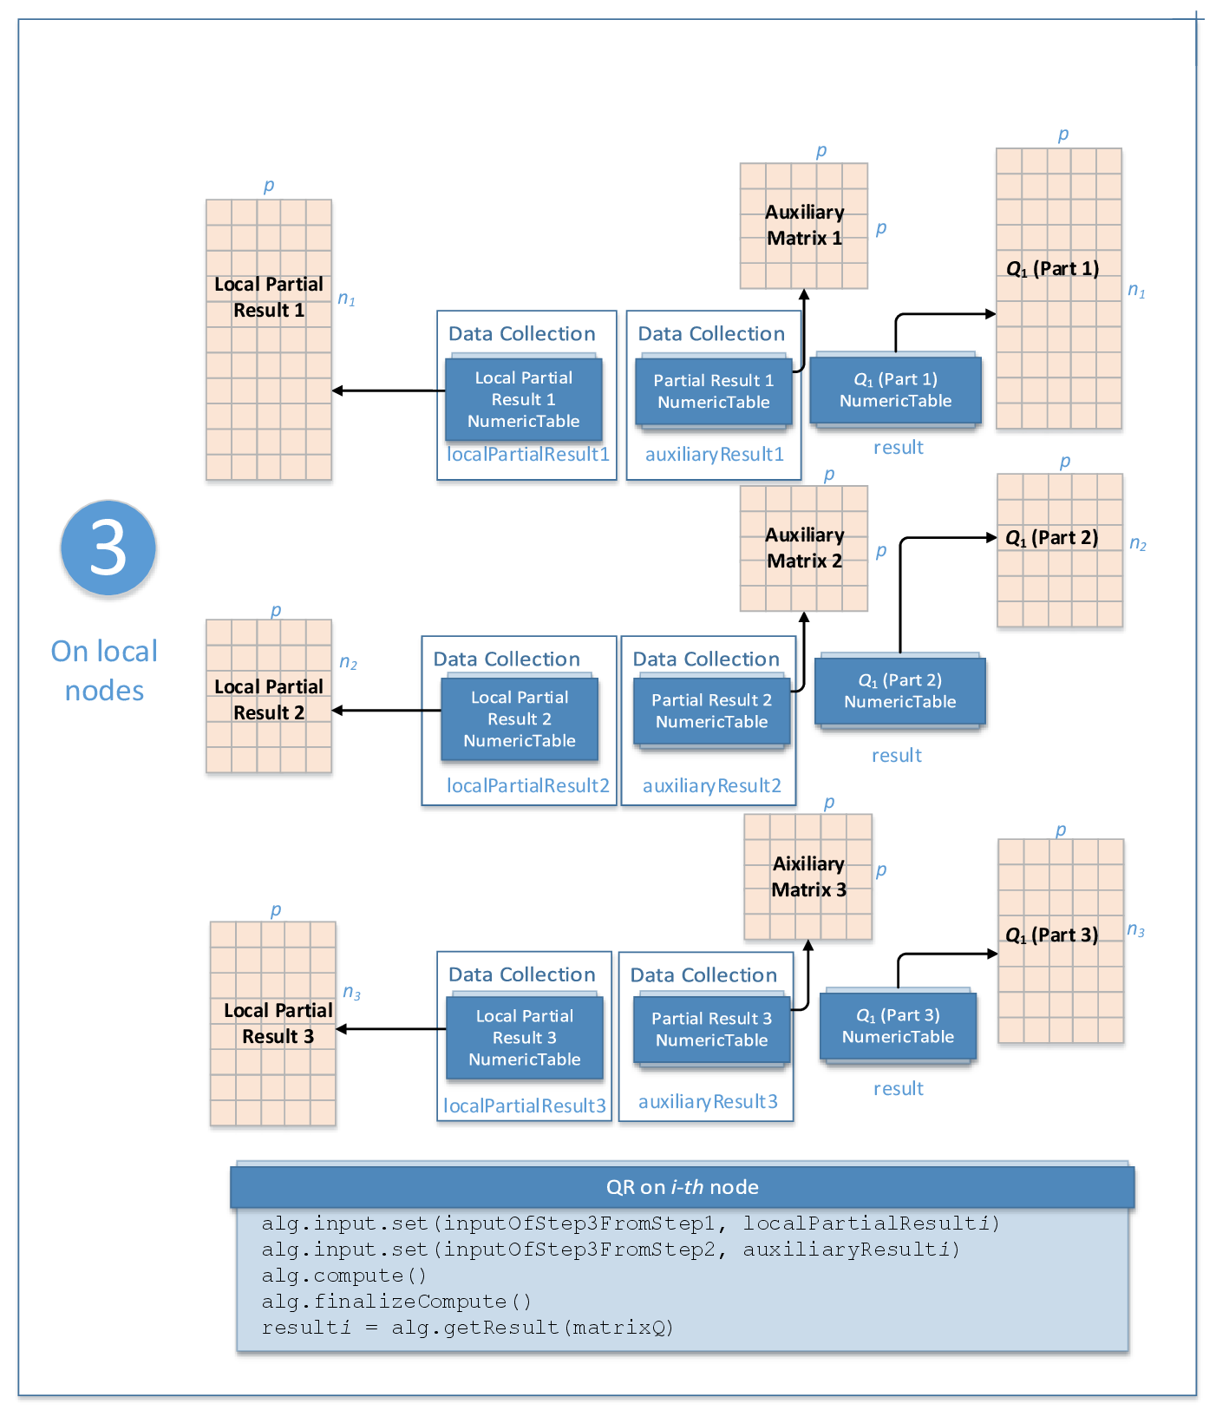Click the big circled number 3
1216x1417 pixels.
point(108,548)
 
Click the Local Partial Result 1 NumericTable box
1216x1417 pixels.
point(523,399)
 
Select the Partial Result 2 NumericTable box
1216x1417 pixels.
point(711,711)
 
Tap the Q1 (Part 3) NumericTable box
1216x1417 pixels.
point(898,1026)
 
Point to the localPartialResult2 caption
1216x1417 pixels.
point(527,785)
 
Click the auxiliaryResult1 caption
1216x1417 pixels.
point(714,454)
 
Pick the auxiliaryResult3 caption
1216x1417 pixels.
point(708,1101)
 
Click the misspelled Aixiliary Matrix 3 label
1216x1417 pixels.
point(808,876)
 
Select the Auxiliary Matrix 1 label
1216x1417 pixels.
point(804,225)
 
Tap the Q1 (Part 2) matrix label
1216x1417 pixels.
point(1051,538)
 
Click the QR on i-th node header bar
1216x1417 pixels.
point(682,1187)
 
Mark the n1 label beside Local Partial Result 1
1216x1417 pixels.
point(346,299)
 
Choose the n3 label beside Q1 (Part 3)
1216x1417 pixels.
point(1135,930)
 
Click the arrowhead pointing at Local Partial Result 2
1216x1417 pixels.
point(337,711)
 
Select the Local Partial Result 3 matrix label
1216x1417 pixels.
point(278,1023)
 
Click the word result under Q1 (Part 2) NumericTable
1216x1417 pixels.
point(896,755)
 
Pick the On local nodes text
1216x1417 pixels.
point(104,671)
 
